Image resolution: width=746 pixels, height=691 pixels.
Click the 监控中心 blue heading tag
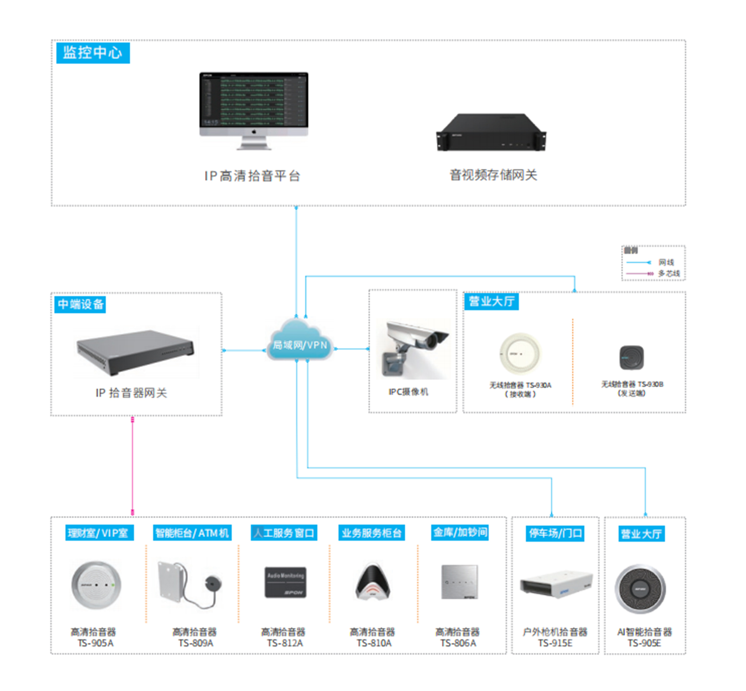tap(93, 53)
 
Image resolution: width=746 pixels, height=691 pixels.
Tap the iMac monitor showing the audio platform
tap(254, 105)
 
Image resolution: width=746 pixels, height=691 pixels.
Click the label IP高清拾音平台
tap(252, 176)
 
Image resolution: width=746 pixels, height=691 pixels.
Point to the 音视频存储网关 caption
tap(493, 175)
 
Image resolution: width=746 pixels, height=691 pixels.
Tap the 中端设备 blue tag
tap(80, 304)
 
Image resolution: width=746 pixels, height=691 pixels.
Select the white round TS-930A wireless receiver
tap(520, 354)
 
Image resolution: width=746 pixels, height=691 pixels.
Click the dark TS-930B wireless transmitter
tap(631, 358)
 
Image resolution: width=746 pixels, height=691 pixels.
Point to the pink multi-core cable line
tap(132, 465)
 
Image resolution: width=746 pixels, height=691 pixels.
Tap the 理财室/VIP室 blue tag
tap(99, 533)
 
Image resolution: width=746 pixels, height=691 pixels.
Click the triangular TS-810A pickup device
tap(372, 582)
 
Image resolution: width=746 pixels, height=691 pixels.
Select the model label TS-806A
tap(458, 643)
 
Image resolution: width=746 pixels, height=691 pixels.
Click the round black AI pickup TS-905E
tap(640, 589)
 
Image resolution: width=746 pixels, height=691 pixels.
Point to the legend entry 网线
tap(665, 262)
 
